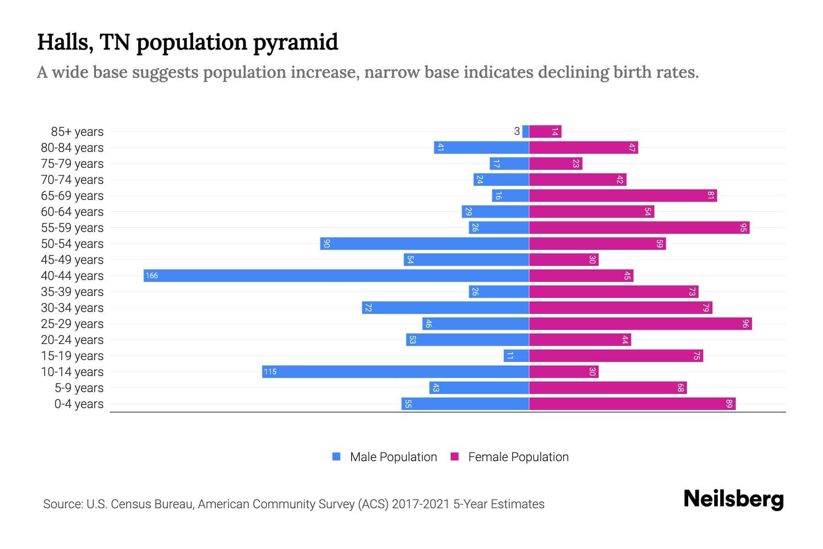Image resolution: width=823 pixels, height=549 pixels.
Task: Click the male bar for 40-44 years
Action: [x=336, y=275]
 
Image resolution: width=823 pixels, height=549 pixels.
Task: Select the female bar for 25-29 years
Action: [x=640, y=324]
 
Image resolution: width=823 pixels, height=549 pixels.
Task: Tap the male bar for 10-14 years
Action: [x=395, y=371]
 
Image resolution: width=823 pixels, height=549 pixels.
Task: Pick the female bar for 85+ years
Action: [x=545, y=132]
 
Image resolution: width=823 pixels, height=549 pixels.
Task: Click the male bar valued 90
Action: [x=424, y=243]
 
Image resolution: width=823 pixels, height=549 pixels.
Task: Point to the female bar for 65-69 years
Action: [x=623, y=196]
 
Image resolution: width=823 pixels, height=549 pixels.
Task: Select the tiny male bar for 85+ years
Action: [x=525, y=132]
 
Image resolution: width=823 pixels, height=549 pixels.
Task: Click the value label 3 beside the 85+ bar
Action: [x=517, y=132]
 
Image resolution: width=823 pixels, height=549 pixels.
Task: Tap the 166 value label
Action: [x=152, y=276]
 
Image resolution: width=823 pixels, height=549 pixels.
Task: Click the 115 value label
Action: [x=270, y=372]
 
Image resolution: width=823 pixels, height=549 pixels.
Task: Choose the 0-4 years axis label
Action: [x=79, y=404]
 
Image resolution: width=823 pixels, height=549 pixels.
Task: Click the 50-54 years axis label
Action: [x=72, y=244]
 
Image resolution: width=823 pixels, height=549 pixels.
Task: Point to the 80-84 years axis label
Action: [x=72, y=148]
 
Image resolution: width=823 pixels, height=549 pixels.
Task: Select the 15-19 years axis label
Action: [x=72, y=356]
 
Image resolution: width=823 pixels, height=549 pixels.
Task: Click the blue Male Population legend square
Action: [x=337, y=457]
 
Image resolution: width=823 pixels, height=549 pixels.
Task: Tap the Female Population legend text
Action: [x=518, y=457]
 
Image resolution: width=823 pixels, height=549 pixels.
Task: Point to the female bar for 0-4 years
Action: [x=632, y=404]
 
